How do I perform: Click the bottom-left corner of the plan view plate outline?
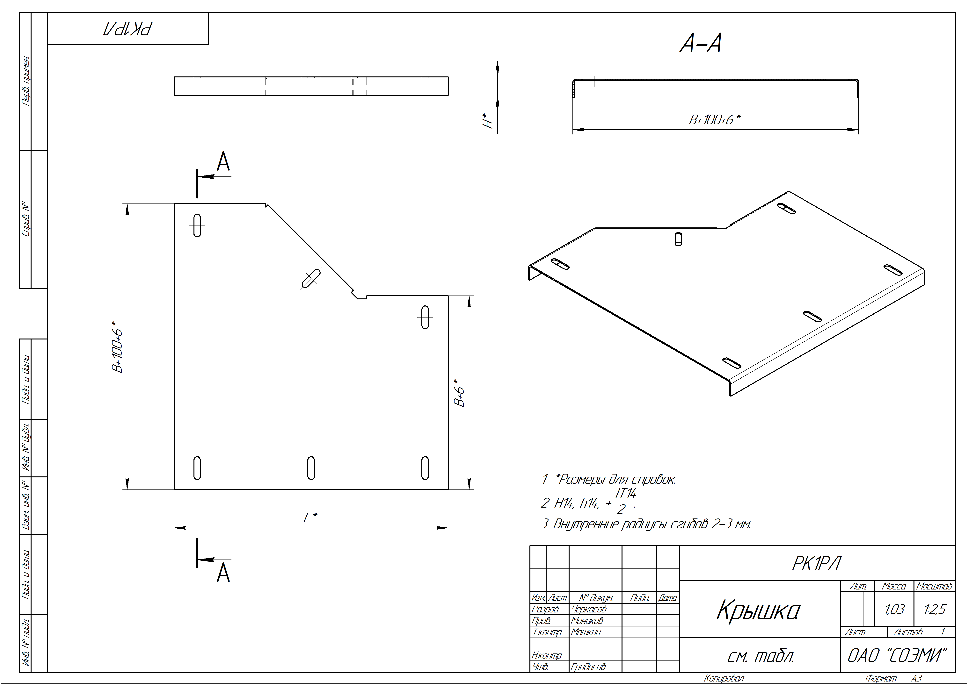tap(174, 490)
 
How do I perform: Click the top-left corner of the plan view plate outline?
tap(174, 204)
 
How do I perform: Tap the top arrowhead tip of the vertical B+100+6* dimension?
tap(127, 204)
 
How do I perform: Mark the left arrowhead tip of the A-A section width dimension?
tap(573, 130)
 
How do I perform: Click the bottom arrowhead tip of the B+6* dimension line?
tap(469, 490)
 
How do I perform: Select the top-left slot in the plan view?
tap(197, 225)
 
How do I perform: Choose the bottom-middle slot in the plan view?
tap(311, 468)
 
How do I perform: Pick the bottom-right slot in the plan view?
tap(425, 468)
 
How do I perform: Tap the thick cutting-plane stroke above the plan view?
tap(197, 183)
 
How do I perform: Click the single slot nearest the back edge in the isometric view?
tap(678, 239)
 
